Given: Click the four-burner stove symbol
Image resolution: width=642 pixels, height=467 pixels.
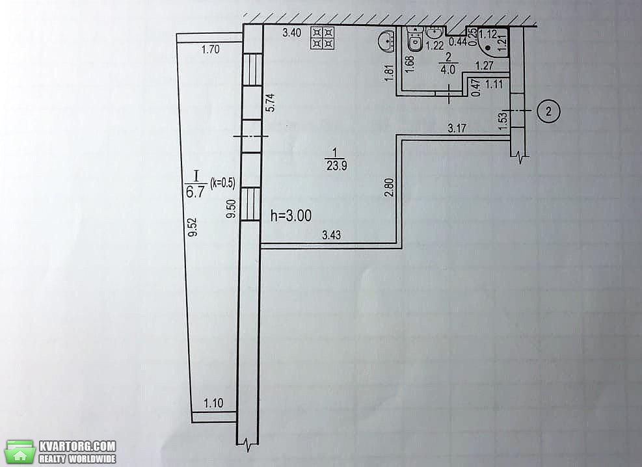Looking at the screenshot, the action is click(x=323, y=38).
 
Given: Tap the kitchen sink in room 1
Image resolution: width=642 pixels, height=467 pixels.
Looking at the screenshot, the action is click(x=385, y=42).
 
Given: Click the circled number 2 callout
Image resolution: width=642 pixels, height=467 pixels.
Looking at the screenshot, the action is click(x=548, y=111).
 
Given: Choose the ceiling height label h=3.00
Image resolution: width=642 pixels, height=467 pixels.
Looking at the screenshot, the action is click(x=291, y=216).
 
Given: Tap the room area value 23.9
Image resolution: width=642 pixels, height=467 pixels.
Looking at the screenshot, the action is click(x=336, y=166).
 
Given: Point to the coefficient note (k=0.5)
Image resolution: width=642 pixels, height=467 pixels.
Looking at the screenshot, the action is click(x=222, y=183).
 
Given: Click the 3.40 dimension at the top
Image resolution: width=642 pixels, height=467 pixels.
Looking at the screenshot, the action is click(x=292, y=33).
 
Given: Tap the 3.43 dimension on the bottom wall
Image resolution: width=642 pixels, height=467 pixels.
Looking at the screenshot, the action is click(x=331, y=235).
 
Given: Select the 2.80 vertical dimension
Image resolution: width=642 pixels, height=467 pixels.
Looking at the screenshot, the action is click(x=390, y=187).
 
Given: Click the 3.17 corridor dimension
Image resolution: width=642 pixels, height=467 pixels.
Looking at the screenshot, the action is click(x=457, y=129).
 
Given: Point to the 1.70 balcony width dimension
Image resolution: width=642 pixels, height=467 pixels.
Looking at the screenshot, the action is click(x=211, y=49).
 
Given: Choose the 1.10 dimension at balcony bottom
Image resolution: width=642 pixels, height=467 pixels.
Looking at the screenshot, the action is click(x=214, y=403).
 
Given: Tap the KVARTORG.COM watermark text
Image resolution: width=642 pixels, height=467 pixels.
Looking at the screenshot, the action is click(x=77, y=446).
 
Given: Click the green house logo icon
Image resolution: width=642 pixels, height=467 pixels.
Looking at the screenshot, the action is click(x=20, y=452).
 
